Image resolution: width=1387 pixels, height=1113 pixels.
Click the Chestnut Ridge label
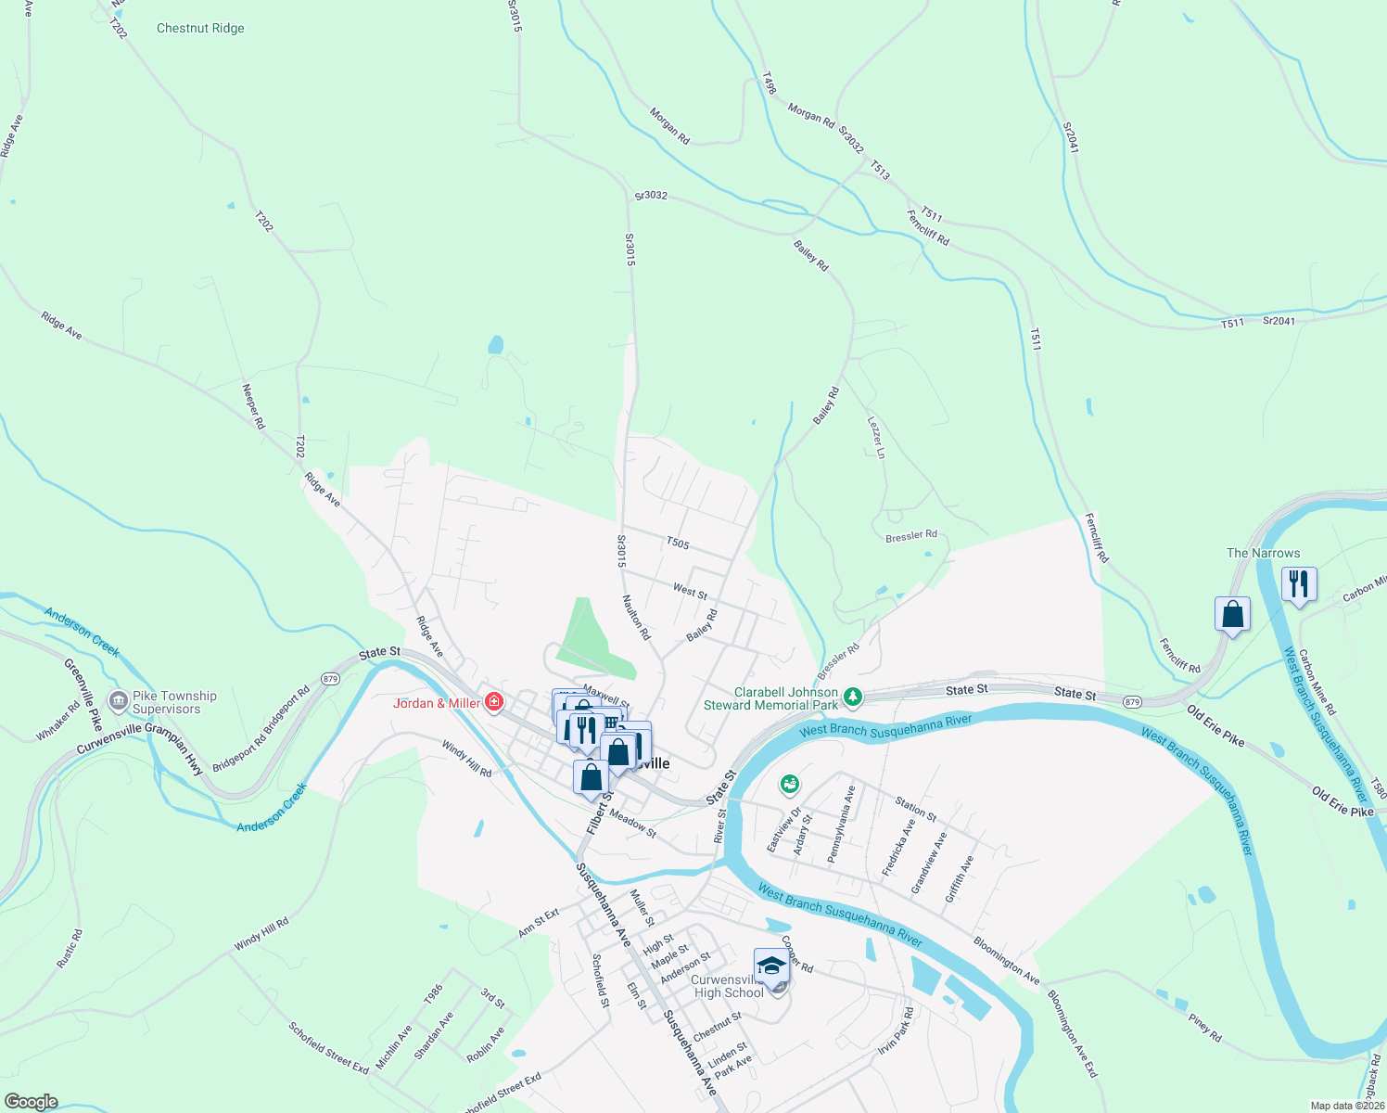[200, 29]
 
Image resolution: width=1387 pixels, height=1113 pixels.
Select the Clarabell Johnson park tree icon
[853, 696]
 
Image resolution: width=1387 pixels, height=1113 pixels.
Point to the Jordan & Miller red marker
[494, 702]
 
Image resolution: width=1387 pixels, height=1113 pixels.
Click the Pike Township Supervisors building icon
[118, 701]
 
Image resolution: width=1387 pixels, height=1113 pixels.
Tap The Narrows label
[1263, 553]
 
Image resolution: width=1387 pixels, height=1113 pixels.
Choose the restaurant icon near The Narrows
[1298, 584]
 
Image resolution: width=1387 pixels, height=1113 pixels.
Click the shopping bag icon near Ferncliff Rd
[1232, 614]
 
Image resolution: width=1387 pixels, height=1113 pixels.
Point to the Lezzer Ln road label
[876, 437]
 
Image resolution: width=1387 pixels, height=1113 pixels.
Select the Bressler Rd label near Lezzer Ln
[910, 536]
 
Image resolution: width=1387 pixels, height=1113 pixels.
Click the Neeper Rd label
[253, 406]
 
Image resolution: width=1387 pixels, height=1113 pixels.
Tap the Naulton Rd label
[637, 618]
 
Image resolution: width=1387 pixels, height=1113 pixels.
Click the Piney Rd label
[1205, 1027]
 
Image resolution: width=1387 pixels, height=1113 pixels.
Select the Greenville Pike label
[83, 695]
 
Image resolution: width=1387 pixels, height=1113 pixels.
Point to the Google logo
[32, 1102]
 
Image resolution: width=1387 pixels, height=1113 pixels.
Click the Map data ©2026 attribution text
[1345, 1106]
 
